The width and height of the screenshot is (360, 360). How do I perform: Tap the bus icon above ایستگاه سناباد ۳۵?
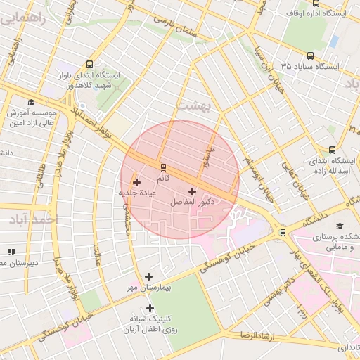click(311, 56)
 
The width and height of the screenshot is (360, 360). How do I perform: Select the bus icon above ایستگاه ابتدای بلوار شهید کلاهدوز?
click(89, 64)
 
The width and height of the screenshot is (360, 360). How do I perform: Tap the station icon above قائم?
click(163, 167)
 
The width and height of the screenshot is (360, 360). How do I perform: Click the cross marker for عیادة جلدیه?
click(136, 183)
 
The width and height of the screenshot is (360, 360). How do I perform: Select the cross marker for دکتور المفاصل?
click(192, 191)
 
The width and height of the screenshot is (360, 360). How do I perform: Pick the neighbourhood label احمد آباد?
click(32, 220)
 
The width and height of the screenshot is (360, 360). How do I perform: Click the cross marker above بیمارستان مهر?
click(148, 276)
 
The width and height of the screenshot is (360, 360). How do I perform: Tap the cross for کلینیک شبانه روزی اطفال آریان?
click(149, 308)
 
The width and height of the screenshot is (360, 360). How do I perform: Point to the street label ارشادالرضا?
click(260, 336)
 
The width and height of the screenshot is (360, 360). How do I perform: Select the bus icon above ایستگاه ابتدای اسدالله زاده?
click(332, 149)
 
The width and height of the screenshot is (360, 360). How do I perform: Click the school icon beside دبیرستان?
click(11, 252)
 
